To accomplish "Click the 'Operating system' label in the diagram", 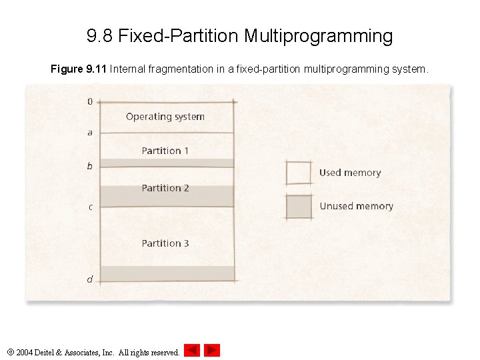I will pos(165,117).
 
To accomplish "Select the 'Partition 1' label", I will pos(165,151).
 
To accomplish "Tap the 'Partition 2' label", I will pos(165,188).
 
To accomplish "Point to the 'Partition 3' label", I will pos(165,243).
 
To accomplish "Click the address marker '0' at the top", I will pos(90,102).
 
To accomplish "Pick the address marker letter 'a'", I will pos(90,133).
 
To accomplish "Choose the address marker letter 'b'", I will pos(90,166).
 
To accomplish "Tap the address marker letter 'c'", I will pos(90,207).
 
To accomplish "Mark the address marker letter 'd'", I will pos(90,279).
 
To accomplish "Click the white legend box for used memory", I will pos(299,173).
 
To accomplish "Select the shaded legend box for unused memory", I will pos(299,207).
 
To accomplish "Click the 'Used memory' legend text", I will pos(350,173).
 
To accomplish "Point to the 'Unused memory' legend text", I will pos(356,206).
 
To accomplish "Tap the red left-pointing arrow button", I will pos(192,350).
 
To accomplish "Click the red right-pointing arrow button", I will pos(212,350).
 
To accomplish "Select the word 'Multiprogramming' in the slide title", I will pos(318,35).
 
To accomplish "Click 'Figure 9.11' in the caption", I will pos(79,69).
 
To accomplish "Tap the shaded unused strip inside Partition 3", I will pos(167,273).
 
